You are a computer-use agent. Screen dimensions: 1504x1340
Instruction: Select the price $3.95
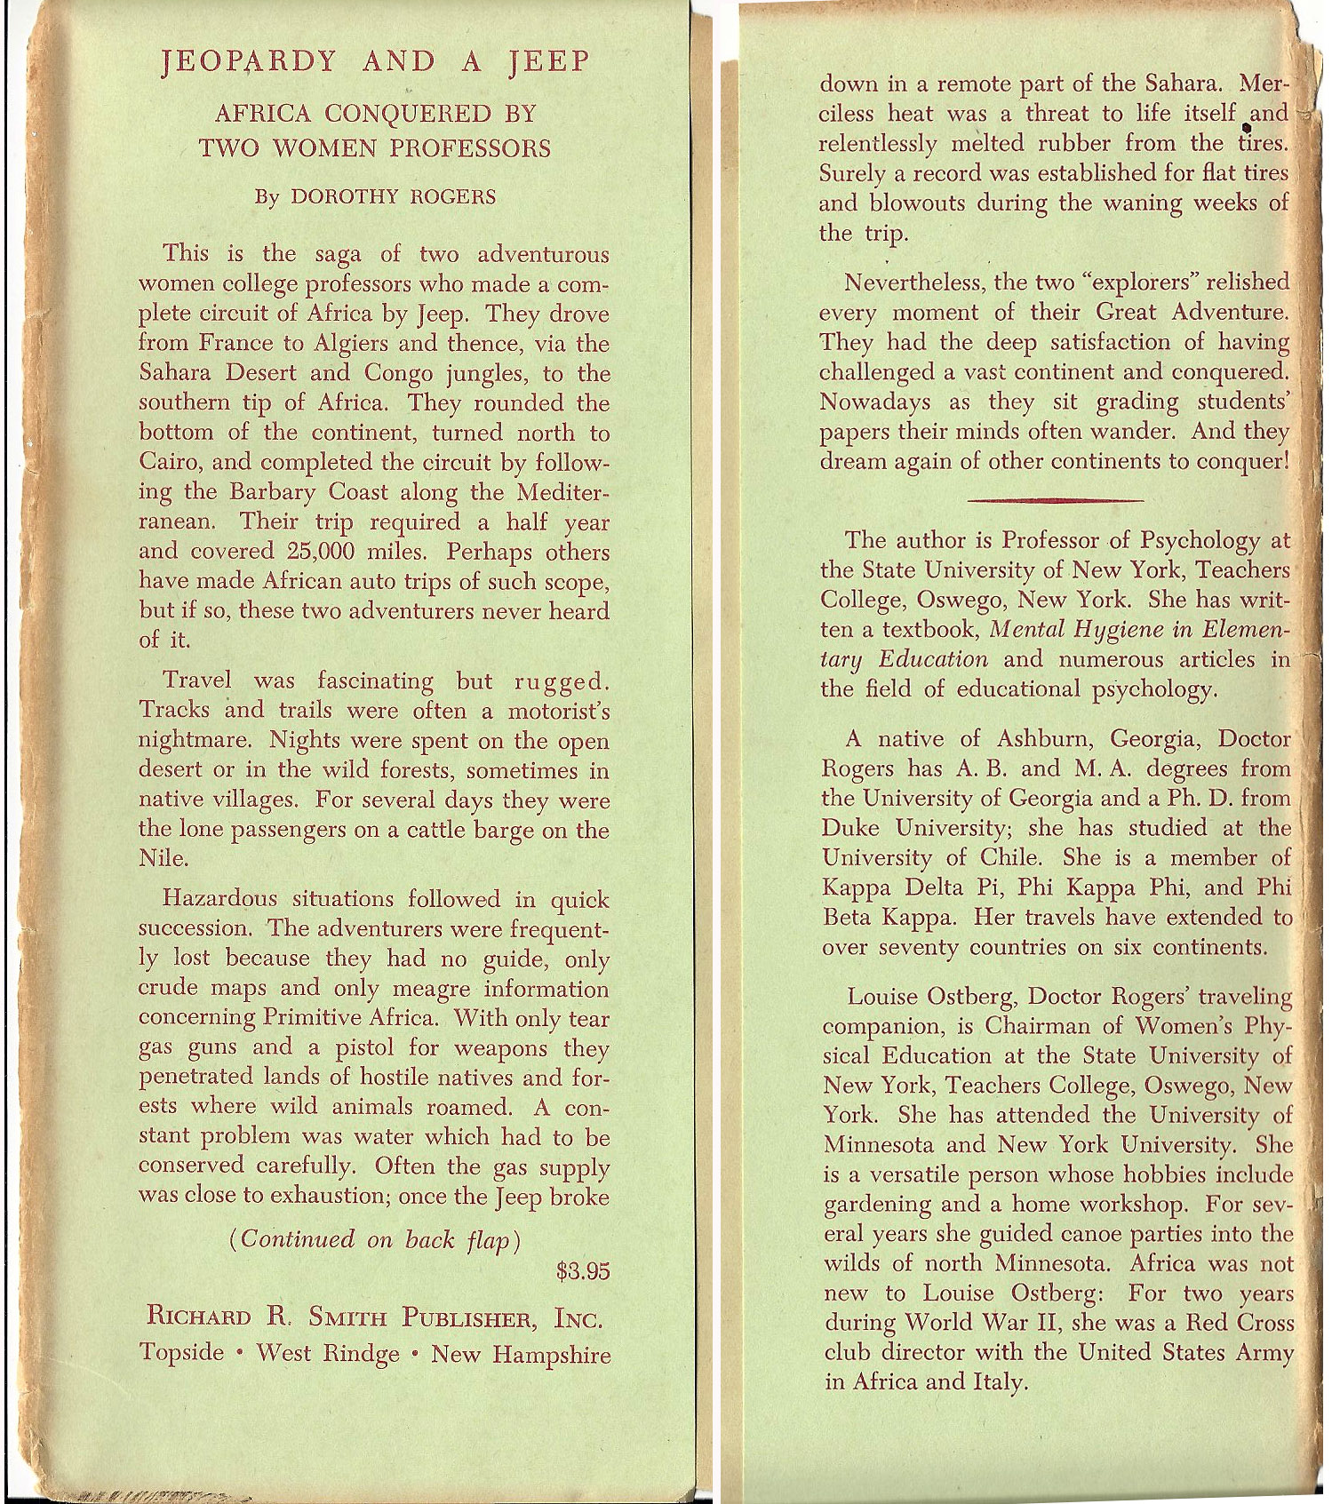pos(583,1271)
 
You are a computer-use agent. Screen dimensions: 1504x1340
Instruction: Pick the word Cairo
pos(167,463)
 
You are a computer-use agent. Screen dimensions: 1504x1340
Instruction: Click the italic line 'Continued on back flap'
pos(375,1239)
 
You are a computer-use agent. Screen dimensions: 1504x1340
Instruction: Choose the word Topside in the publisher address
pos(182,1353)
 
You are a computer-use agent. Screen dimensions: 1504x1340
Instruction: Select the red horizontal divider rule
pos(1055,500)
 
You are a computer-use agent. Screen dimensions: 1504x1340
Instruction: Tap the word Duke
pos(851,828)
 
